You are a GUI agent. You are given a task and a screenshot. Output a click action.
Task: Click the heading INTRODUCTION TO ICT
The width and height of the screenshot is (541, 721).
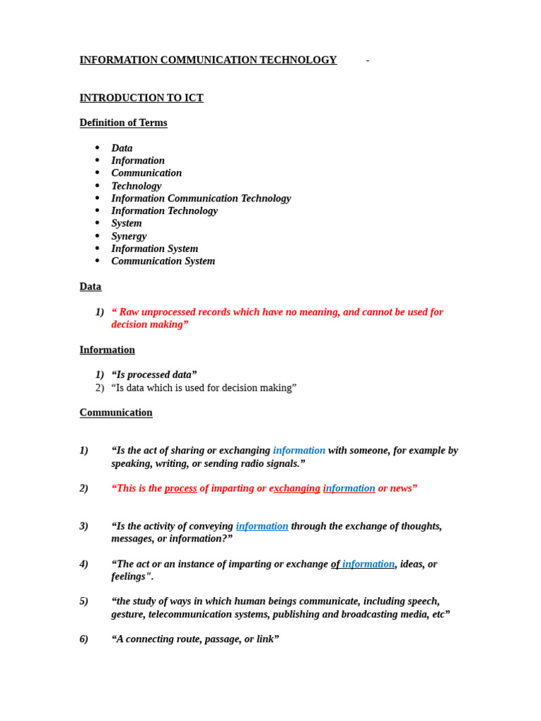(141, 98)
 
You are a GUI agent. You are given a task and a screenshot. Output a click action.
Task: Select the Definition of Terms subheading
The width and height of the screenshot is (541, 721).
(123, 123)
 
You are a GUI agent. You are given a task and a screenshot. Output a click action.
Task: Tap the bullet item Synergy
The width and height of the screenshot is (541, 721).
(129, 236)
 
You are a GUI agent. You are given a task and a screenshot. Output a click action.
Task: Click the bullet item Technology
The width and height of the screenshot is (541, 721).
(136, 186)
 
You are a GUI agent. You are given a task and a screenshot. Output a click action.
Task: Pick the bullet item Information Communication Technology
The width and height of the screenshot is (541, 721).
(201, 199)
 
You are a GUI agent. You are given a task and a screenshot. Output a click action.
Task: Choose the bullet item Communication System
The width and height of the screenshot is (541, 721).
(163, 261)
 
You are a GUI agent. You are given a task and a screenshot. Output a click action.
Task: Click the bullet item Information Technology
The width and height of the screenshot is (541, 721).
(164, 211)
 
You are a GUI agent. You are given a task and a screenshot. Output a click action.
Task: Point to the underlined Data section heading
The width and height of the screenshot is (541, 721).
(90, 287)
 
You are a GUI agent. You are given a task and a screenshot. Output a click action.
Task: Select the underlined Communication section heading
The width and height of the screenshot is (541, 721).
(116, 413)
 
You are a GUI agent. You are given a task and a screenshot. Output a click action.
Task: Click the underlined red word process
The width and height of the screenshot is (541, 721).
(180, 489)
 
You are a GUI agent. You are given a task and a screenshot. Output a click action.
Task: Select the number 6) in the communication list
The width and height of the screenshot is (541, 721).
(84, 639)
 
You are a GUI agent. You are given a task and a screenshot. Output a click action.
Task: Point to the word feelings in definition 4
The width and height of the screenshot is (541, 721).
(130, 577)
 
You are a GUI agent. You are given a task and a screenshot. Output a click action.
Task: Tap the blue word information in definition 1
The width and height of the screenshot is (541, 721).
(299, 451)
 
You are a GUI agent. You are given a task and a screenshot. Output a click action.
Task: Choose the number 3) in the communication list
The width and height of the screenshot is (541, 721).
(84, 526)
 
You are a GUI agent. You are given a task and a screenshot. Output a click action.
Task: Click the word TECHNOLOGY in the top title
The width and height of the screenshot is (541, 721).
(298, 60)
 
